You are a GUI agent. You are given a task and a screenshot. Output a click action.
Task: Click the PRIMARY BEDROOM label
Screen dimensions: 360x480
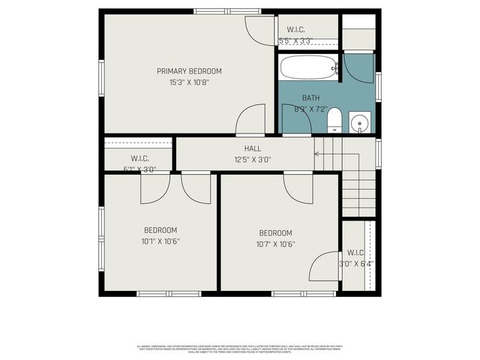(x=189, y=71)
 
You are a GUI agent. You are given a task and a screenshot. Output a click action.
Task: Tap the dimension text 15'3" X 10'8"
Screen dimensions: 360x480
(x=189, y=82)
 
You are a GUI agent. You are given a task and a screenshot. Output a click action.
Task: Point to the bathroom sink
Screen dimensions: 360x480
(x=359, y=122)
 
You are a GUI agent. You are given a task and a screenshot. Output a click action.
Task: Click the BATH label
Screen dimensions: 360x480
(x=310, y=98)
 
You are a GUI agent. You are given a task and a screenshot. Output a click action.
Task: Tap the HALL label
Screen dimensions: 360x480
(x=253, y=148)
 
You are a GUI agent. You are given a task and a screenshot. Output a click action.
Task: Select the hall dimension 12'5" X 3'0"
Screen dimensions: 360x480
(x=253, y=159)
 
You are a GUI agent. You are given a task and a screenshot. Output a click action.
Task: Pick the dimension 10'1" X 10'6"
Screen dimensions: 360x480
(x=160, y=241)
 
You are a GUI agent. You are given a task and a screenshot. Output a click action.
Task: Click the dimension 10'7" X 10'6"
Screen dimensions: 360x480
(x=275, y=244)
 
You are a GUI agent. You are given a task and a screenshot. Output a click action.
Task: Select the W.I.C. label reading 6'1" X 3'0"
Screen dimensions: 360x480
(x=139, y=158)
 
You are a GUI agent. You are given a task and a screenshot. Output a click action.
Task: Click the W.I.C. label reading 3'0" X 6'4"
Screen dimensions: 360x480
(x=355, y=253)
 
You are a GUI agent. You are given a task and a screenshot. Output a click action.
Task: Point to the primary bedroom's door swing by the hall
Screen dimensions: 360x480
(x=252, y=121)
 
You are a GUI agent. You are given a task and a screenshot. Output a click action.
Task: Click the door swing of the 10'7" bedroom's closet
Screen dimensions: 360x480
(x=325, y=266)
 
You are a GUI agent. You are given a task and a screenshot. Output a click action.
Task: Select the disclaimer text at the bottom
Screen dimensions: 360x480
(x=240, y=349)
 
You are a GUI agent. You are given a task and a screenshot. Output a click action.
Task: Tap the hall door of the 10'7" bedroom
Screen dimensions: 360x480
(x=298, y=188)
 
